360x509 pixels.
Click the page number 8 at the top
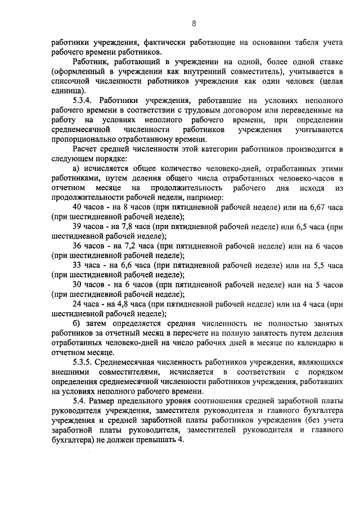[193, 23]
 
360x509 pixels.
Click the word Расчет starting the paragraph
[86, 149]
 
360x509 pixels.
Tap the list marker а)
[78, 169]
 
